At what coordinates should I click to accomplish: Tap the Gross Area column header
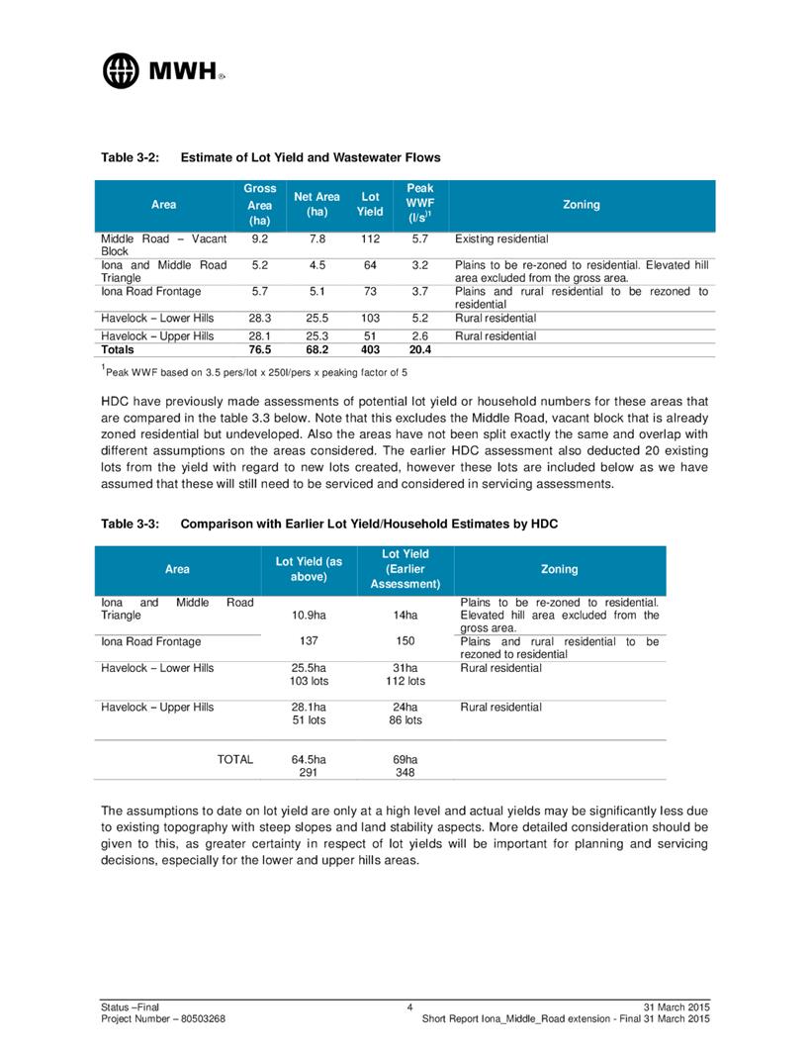[x=259, y=204]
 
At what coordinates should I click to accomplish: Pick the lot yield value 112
[x=370, y=239]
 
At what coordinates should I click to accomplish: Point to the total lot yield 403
[x=370, y=349]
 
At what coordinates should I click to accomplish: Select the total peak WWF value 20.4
[x=406, y=349]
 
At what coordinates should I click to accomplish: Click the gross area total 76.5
[x=259, y=349]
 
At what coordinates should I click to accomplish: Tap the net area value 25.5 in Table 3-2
[x=316, y=318]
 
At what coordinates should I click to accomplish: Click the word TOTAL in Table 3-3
[x=235, y=759]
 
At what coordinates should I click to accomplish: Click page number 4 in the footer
[x=408, y=1006]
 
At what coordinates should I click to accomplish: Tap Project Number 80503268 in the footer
[x=169, y=1018]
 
